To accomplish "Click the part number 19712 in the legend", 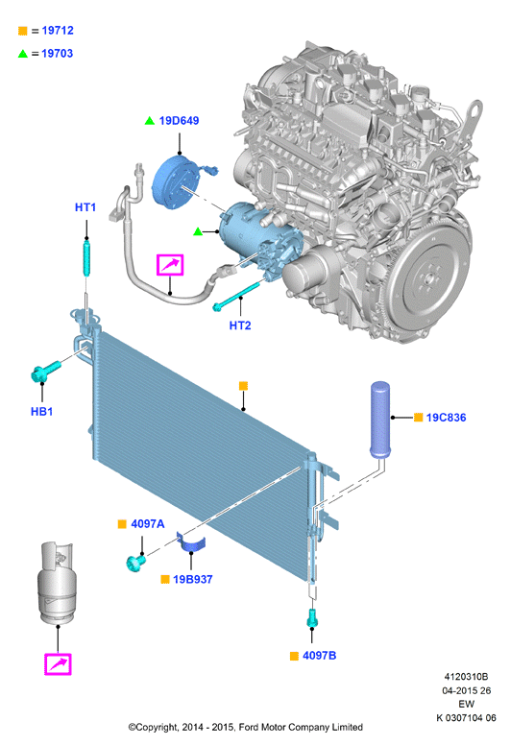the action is pos(58,31).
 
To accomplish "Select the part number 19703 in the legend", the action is pos(58,54).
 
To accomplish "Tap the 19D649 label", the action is pos(179,121).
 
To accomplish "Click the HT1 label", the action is pos(85,207).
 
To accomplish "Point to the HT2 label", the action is pos(240,325).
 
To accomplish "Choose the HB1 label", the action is pos(42,412).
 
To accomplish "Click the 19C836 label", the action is pos(446,418).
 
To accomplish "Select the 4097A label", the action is pos(148,524).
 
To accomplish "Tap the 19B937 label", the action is pos(193,580).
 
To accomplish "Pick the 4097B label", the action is pos(319,656).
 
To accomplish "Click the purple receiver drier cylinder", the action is pos(380,420).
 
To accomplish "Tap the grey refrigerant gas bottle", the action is pos(57,583).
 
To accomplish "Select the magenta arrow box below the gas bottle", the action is pos(58,664).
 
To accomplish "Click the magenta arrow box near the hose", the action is pos(170,265).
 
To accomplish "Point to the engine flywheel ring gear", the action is pos(429,279).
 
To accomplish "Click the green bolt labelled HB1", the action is pos(45,372).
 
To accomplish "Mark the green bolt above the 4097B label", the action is pos(312,618).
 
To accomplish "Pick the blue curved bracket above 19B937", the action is pos(191,543).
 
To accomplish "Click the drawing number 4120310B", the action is pos(466,677).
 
